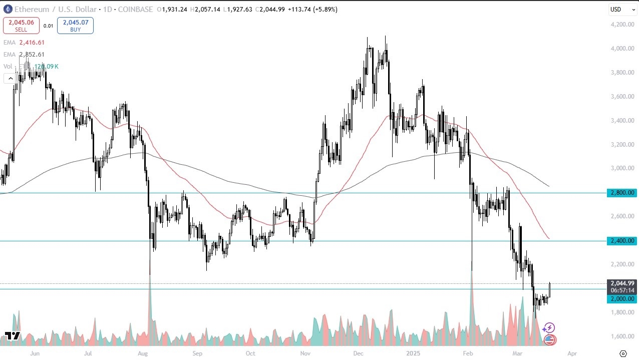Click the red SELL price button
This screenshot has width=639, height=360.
(21, 26)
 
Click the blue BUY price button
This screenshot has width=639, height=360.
(75, 26)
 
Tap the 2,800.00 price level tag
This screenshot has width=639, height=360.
(621, 193)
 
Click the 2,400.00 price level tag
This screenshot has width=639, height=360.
(621, 241)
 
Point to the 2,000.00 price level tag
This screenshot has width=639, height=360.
(621, 299)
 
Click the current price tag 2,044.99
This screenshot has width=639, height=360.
(621, 283)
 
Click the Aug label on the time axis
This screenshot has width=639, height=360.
(143, 353)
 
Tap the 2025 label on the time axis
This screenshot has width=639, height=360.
(413, 353)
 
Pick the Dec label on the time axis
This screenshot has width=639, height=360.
(358, 353)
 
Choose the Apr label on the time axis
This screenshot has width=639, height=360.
(571, 353)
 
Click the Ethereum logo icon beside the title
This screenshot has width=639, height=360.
(8, 10)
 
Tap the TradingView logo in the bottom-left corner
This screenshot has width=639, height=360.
(12, 336)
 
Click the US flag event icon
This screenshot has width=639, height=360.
(549, 340)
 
